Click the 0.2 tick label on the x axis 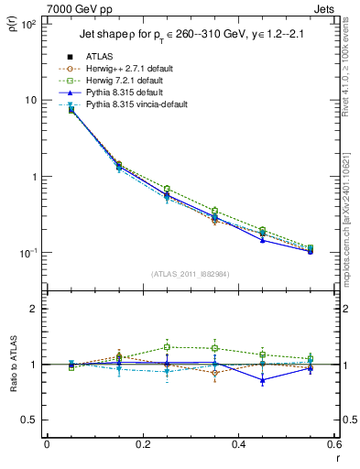click(x=142, y=444)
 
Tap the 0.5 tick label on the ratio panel click(x=27, y=420)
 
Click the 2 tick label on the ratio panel click(x=32, y=309)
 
